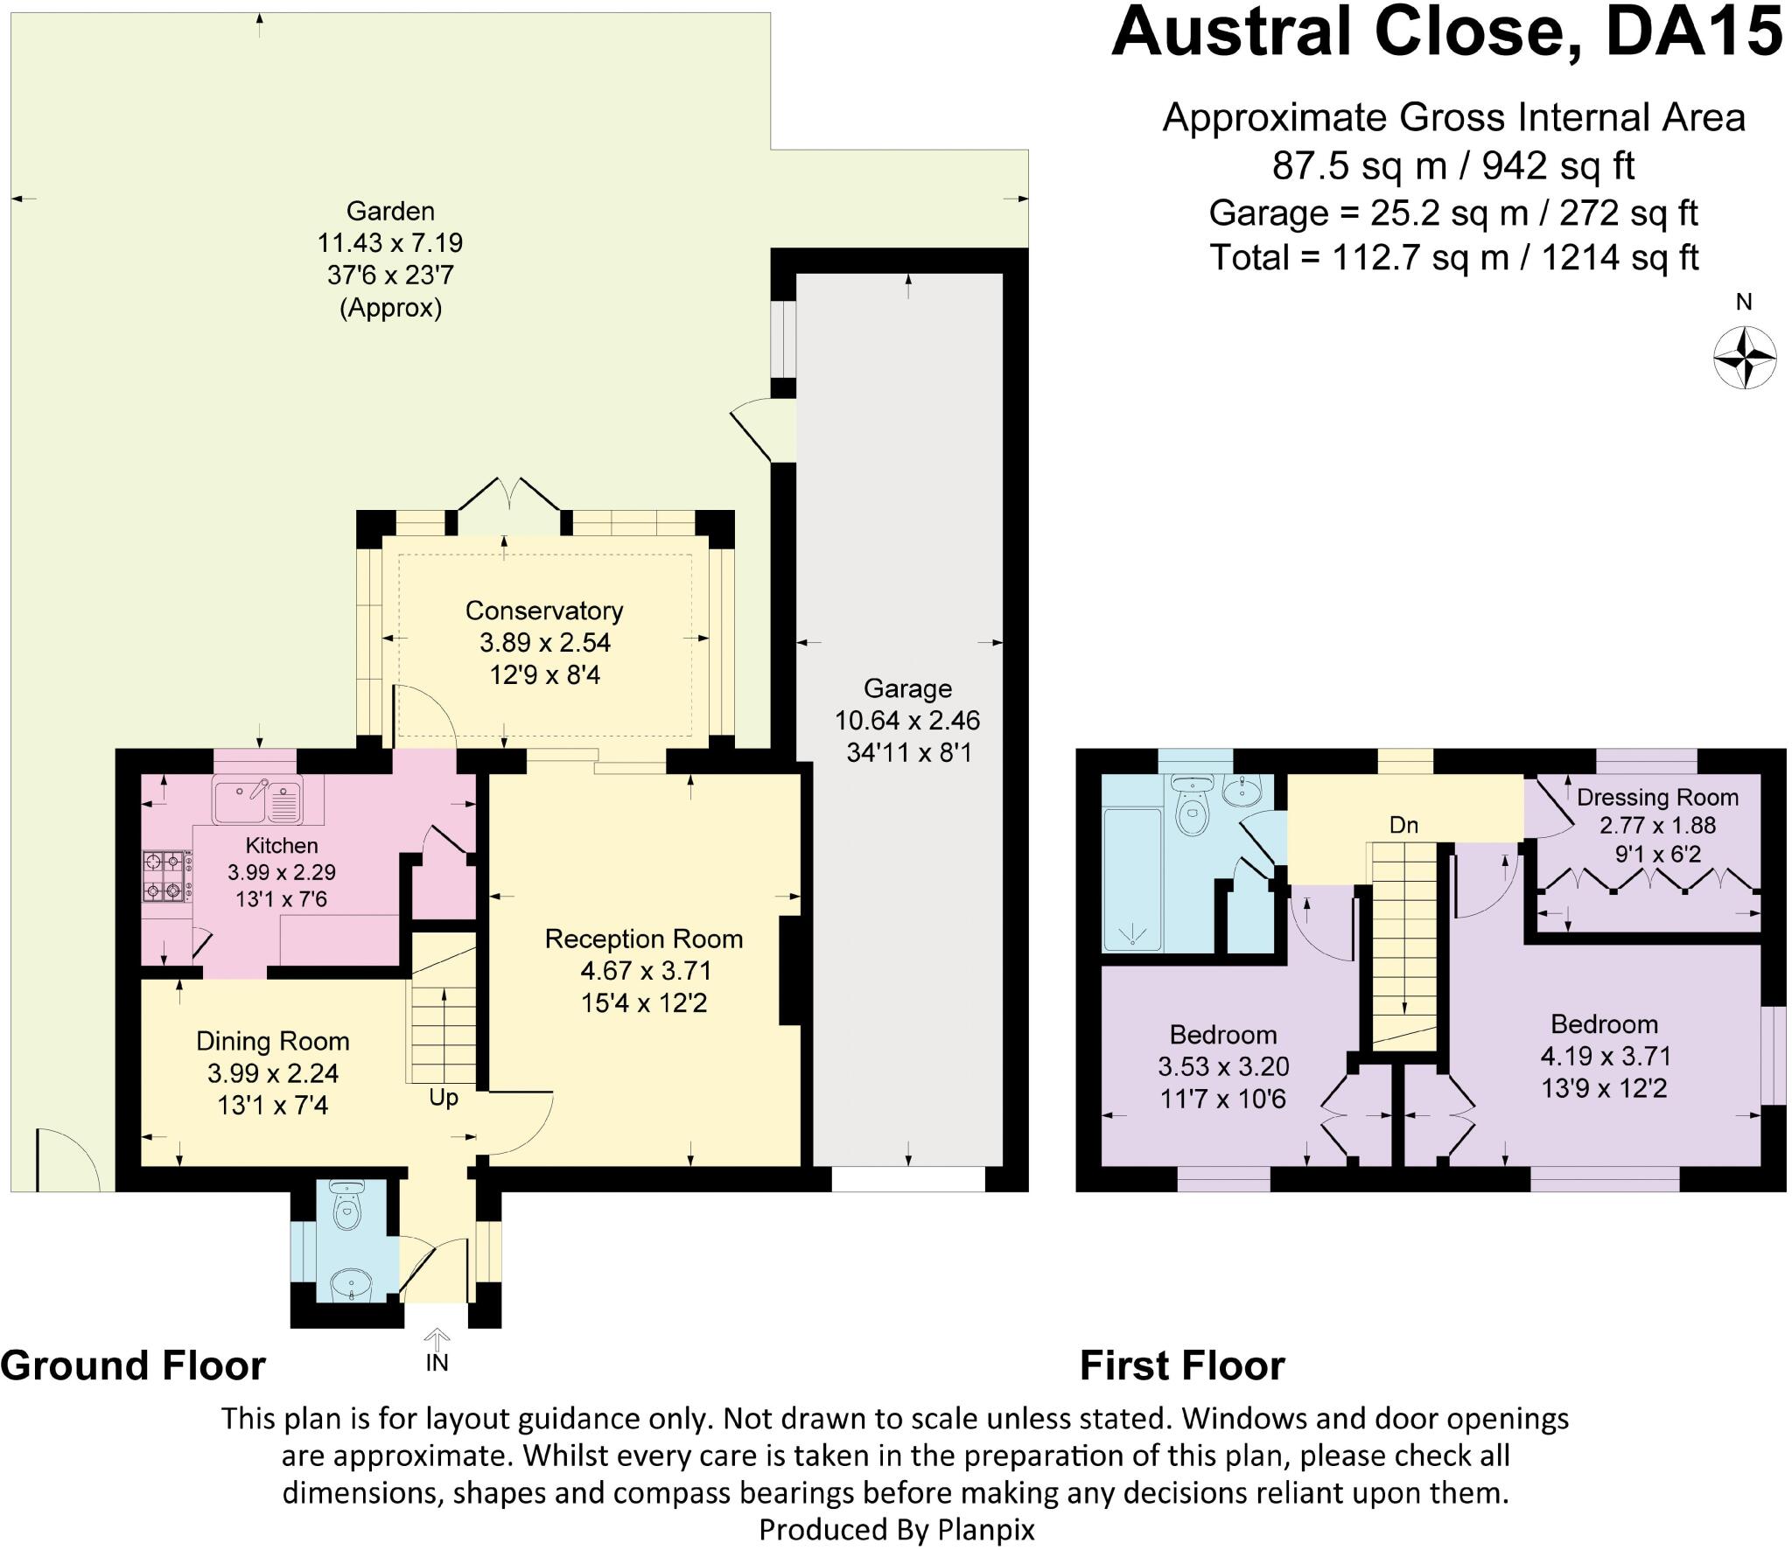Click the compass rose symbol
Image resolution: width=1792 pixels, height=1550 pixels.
click(1744, 357)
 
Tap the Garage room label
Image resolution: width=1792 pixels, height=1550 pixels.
click(907, 688)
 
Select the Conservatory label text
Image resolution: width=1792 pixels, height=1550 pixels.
click(544, 610)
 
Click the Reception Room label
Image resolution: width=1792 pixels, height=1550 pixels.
click(644, 939)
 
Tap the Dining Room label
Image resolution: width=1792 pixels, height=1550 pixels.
click(273, 1041)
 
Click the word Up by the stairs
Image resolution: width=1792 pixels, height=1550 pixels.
click(444, 1097)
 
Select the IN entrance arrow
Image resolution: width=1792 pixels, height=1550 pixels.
click(437, 1339)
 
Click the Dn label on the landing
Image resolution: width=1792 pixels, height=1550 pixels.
click(1403, 825)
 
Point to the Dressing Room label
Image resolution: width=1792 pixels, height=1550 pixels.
click(1657, 797)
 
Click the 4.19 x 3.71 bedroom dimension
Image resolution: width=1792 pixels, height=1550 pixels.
click(1606, 1056)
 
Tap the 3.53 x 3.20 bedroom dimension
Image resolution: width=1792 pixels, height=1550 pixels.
click(1223, 1066)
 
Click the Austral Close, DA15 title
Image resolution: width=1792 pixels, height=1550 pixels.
click(1446, 33)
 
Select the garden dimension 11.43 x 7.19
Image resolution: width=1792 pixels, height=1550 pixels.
click(390, 242)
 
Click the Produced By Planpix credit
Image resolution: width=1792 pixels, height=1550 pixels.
click(896, 1529)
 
